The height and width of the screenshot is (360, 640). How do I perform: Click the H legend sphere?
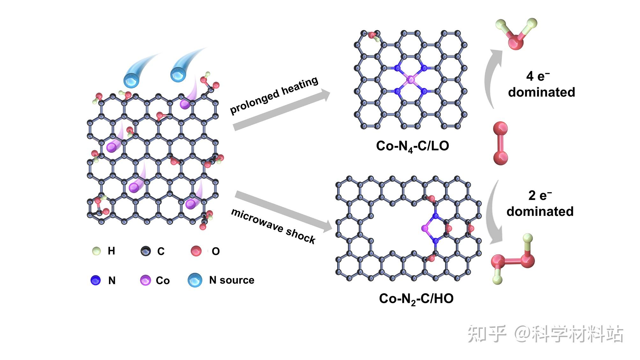96,251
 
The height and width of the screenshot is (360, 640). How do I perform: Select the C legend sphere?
146,251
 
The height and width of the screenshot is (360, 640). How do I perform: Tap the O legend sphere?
196,251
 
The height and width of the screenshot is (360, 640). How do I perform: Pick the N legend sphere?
96,280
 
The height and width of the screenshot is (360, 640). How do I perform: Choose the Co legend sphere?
145,280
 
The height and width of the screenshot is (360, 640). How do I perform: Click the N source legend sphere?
195,280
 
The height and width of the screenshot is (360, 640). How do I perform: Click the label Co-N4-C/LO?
412,146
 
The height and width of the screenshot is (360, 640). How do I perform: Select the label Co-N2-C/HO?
416,299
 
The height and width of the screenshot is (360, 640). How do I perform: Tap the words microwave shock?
273,226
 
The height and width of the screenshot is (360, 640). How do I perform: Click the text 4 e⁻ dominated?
541,84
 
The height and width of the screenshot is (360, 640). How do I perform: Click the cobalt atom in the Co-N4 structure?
411,80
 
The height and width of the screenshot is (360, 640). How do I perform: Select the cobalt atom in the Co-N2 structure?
425,228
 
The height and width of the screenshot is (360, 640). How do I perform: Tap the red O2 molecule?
500,143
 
